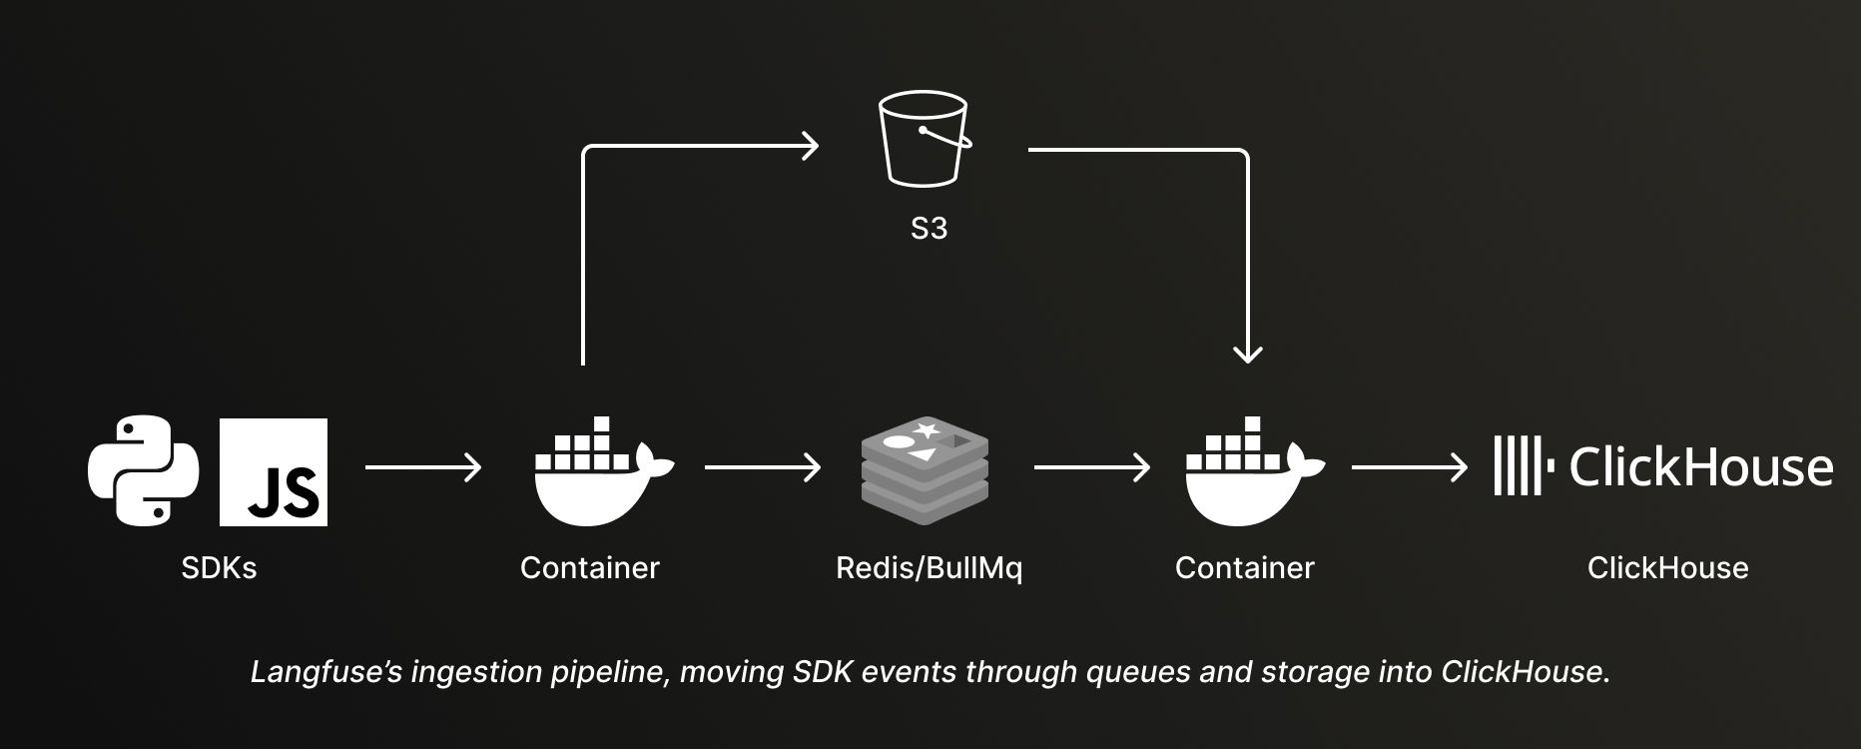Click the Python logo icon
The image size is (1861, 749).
point(143,470)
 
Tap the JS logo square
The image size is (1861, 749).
point(274,472)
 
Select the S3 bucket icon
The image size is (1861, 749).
point(924,139)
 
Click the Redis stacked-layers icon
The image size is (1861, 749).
point(925,470)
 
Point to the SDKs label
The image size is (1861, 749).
point(219,568)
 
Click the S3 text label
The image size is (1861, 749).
point(929,229)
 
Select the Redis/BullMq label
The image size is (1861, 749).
point(929,568)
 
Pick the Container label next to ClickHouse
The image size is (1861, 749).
point(1244,568)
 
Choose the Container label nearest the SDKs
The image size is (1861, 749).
point(589,568)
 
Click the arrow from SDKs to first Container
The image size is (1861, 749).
point(422,467)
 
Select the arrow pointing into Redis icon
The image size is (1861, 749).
point(762,467)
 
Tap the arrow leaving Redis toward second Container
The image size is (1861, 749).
point(1091,467)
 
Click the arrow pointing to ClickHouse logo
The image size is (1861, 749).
point(1409,467)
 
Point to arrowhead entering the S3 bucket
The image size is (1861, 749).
point(811,147)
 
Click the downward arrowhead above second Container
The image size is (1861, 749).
point(1248,353)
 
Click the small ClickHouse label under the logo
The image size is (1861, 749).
point(1667,568)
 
